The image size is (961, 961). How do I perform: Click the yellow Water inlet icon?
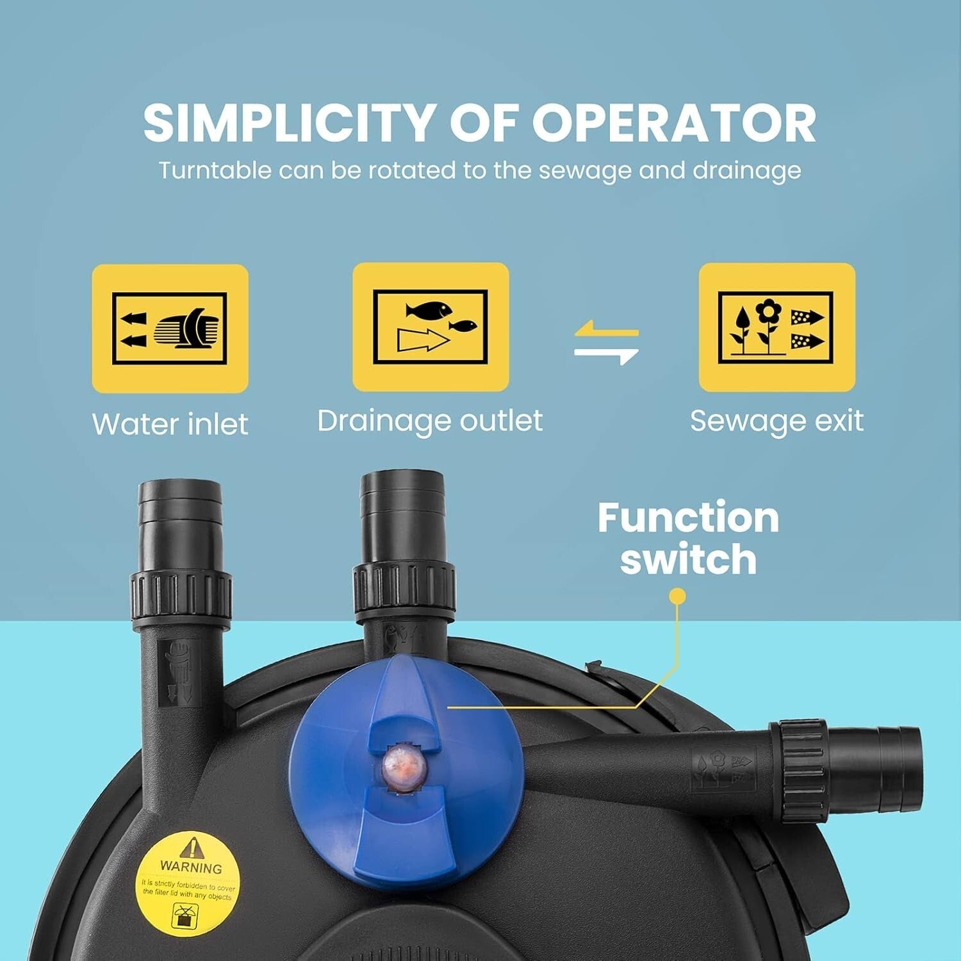point(170,328)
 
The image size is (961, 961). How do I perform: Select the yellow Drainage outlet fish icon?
point(431,327)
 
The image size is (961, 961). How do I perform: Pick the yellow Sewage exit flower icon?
point(776,327)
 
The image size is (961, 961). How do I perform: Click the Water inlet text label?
point(170,424)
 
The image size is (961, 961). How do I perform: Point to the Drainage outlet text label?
point(430,421)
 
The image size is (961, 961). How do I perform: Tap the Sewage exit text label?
point(776,421)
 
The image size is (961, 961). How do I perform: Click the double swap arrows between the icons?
point(606,342)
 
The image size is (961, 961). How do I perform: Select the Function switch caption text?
point(688,538)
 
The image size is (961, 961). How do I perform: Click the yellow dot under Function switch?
point(677,596)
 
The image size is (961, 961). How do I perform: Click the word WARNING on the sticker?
point(191,867)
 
